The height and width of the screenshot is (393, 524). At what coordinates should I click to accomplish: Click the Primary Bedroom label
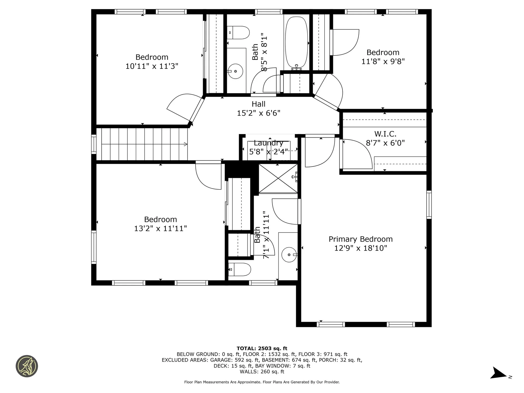361,239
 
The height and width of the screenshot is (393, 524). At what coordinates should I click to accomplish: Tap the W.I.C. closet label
385,134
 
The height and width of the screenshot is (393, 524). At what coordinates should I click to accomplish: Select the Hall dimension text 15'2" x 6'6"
258,113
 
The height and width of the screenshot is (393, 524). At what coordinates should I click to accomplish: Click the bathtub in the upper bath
296,42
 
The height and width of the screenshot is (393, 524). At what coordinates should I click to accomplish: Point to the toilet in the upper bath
238,32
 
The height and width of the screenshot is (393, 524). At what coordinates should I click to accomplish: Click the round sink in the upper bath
235,71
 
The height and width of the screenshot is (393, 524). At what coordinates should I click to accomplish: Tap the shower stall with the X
278,178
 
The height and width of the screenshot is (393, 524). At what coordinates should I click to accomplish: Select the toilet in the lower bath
239,270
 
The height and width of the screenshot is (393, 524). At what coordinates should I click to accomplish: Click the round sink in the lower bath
289,255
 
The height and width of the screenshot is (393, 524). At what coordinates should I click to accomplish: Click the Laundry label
268,143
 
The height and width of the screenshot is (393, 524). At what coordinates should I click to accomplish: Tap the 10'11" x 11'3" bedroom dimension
152,66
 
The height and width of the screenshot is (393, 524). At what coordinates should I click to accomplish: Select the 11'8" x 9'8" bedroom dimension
383,61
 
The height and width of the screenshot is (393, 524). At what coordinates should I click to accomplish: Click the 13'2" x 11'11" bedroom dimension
160,228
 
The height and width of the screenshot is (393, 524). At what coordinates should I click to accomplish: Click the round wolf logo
27,366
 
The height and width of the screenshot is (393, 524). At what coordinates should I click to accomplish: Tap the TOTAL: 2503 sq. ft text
262,348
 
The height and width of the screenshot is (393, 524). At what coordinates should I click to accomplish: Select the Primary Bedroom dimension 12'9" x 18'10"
361,248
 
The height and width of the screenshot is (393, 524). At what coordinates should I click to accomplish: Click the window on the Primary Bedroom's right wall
429,205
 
